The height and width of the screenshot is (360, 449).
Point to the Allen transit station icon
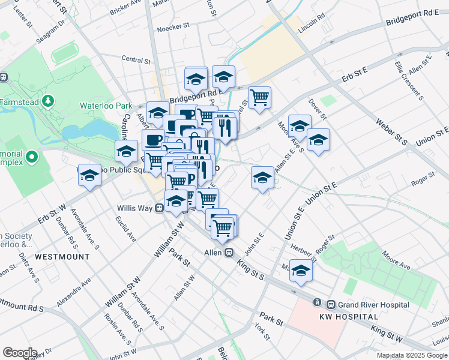[229, 253]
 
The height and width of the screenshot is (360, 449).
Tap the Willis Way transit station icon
[160, 208]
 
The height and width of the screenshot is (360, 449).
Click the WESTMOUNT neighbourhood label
[62, 256]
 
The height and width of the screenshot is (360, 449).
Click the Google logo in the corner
[20, 353]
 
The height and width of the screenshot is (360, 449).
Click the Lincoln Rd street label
[312, 28]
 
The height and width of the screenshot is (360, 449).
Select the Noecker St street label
[173, 27]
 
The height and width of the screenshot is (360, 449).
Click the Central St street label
[136, 60]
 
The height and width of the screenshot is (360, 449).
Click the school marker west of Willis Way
[89, 175]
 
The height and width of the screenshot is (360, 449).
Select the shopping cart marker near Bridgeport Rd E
[259, 97]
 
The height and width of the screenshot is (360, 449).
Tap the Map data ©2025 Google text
[412, 355]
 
